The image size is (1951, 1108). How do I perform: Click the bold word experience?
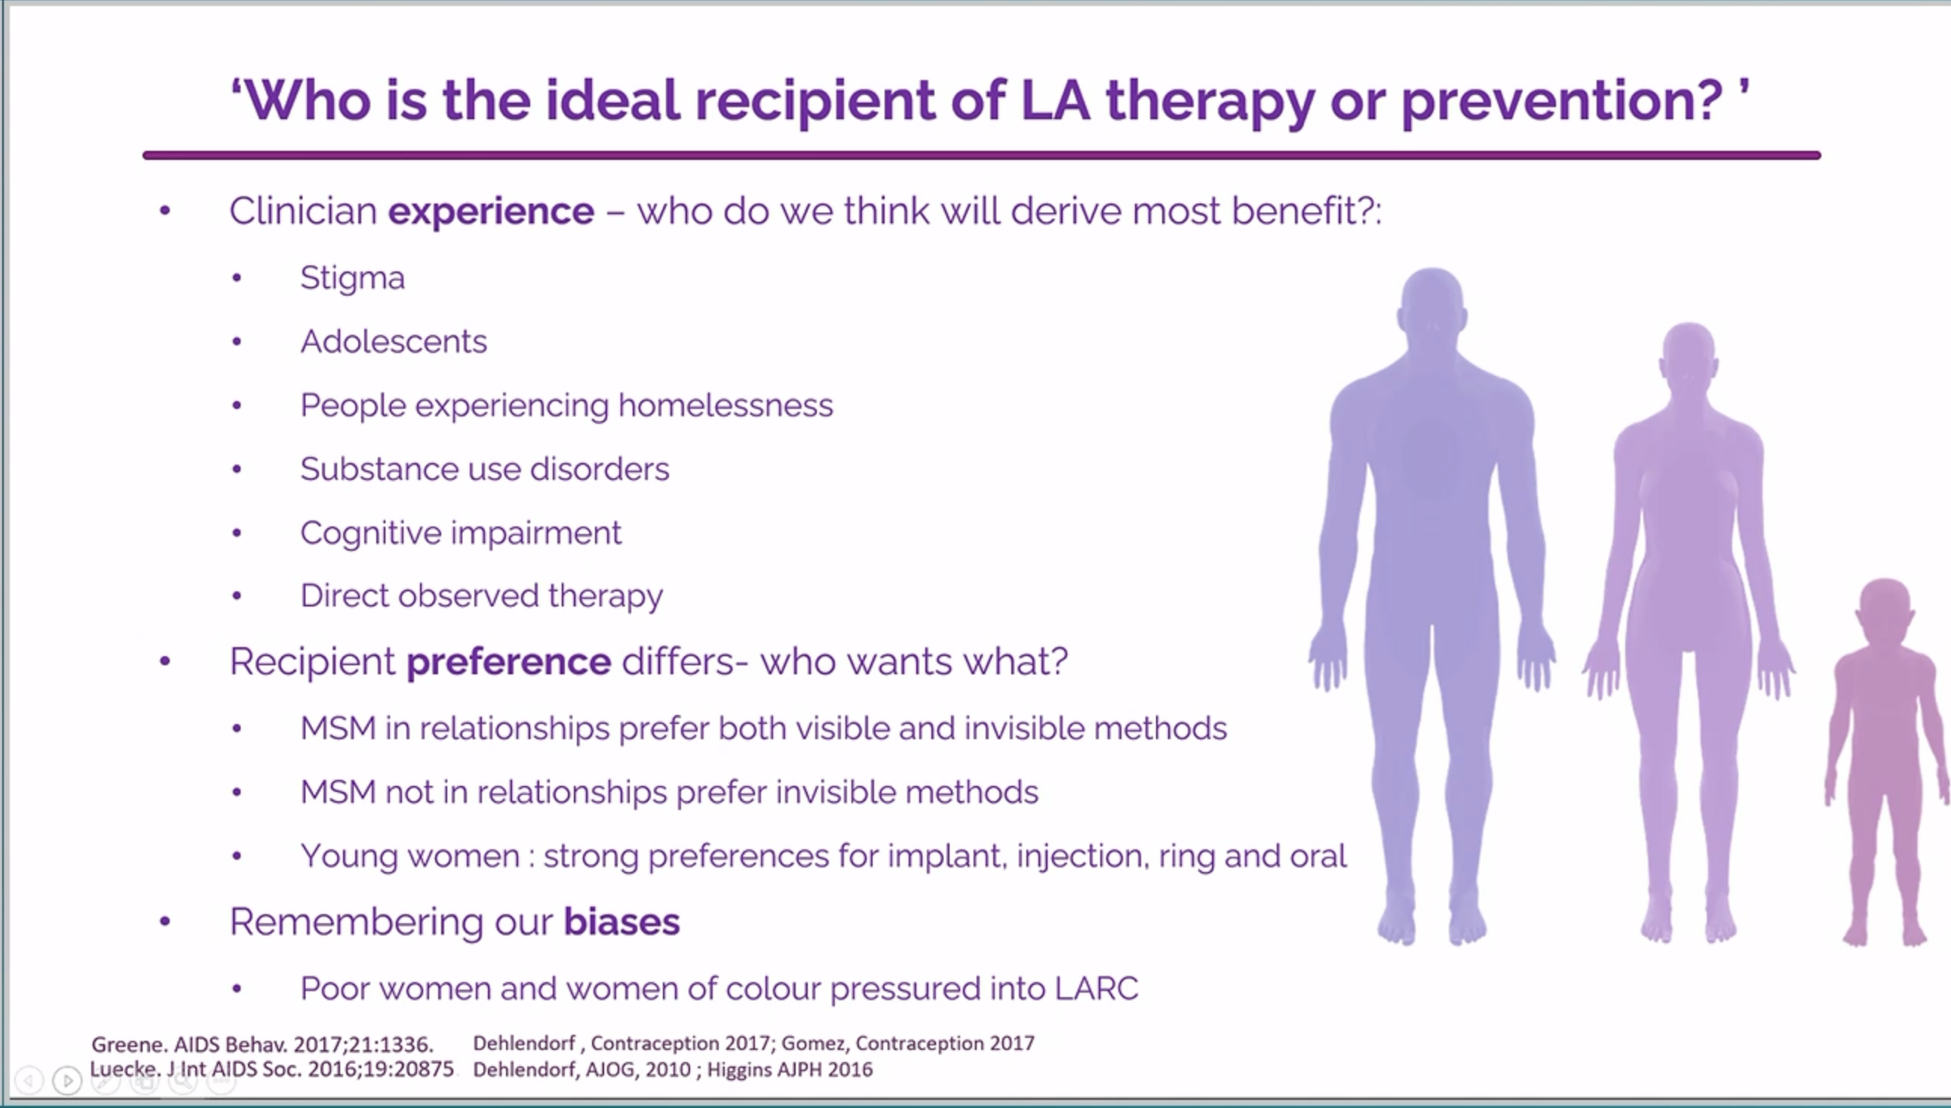click(491, 211)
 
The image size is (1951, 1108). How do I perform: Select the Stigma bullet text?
click(352, 278)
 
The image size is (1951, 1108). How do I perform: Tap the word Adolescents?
click(394, 341)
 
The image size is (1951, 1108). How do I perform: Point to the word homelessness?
click(725, 405)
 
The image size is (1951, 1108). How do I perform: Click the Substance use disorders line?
click(485, 469)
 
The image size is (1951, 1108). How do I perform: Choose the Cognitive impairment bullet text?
click(460, 533)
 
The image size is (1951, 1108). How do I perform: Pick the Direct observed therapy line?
click(482, 596)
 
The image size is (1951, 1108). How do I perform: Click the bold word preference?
click(508, 662)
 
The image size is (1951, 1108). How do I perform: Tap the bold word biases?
click(621, 922)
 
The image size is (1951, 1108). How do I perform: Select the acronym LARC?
click(1097, 989)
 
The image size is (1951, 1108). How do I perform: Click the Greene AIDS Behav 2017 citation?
click(262, 1044)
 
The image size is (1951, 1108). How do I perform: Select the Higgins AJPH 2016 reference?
click(790, 1070)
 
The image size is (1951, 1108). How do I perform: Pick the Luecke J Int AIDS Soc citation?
click(271, 1070)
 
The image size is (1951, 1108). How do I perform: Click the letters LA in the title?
click(1055, 100)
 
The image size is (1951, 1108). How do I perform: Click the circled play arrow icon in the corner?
click(67, 1080)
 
